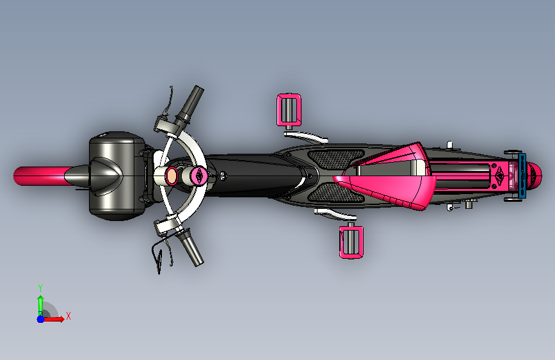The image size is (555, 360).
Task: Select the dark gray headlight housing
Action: pyautogui.click(x=116, y=176)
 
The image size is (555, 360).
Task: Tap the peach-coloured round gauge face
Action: pyautogui.click(x=172, y=176)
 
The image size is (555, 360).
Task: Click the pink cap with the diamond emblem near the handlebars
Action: pyautogui.click(x=198, y=175)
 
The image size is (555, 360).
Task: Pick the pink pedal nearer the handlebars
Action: pyautogui.click(x=289, y=110)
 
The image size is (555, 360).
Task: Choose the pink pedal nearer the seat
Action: pyautogui.click(x=351, y=241)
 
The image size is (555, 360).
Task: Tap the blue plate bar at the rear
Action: pyautogui.click(x=522, y=176)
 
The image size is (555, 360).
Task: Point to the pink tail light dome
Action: pyautogui.click(x=535, y=176)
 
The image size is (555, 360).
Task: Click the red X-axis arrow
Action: pyautogui.click(x=54, y=319)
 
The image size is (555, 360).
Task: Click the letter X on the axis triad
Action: pyautogui.click(x=68, y=316)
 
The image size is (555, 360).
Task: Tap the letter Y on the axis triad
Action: pyautogui.click(x=40, y=288)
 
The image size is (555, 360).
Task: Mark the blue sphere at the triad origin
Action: pyautogui.click(x=40, y=319)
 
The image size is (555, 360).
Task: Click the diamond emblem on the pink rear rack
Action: pyautogui.click(x=499, y=175)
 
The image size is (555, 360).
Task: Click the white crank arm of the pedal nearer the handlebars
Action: pyautogui.click(x=306, y=137)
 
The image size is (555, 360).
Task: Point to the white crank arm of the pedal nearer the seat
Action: pyautogui.click(x=335, y=214)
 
